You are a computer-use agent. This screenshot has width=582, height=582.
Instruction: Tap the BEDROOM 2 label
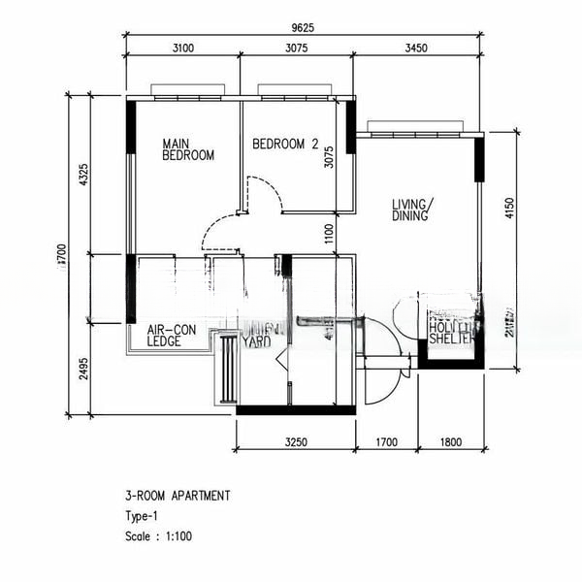click(x=285, y=145)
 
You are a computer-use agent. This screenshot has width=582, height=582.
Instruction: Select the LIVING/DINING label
click(x=413, y=210)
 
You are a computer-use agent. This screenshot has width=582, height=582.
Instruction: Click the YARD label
click(x=256, y=341)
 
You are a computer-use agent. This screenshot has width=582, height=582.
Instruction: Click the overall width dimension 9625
click(x=303, y=29)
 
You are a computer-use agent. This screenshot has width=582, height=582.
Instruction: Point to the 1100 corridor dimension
click(x=329, y=233)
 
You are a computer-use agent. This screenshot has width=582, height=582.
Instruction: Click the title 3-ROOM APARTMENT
click(x=178, y=496)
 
